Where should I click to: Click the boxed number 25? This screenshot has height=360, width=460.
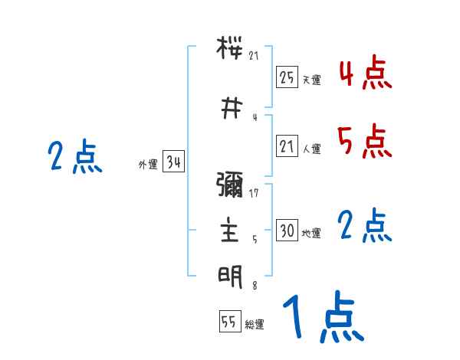287,77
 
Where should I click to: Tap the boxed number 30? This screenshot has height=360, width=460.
287,231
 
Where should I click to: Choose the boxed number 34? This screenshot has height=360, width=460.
172,162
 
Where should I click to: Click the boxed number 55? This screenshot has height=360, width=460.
229,322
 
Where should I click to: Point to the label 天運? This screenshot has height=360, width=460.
310,80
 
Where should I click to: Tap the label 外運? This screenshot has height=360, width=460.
147,165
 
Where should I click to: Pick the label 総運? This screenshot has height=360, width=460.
254,325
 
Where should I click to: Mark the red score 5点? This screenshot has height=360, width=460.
365,142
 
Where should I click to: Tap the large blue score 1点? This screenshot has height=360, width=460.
322,318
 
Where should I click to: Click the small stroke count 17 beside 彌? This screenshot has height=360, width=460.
254,193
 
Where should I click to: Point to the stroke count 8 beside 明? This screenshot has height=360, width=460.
254,286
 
